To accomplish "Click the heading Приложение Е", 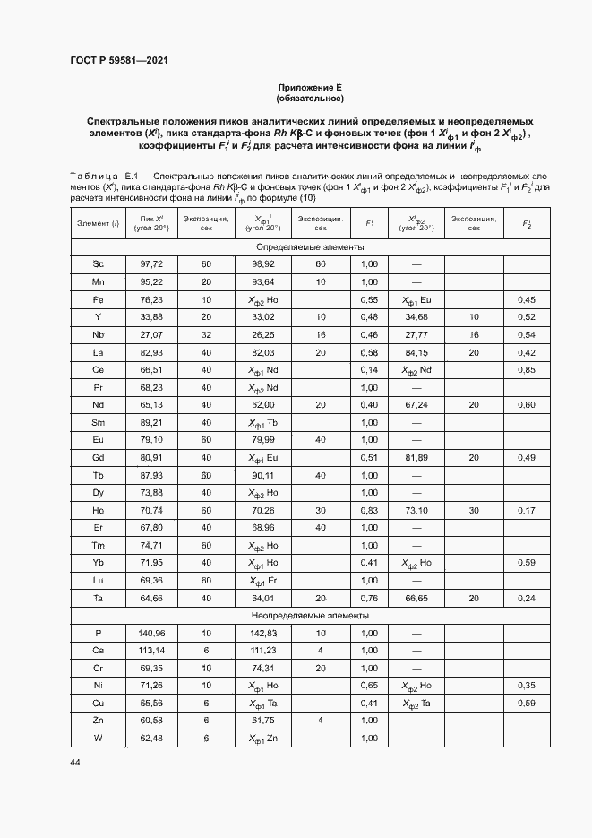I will (x=310, y=87).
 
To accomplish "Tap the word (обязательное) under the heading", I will (x=310, y=98).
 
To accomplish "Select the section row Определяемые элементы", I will (x=310, y=246).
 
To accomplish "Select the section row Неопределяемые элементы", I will (x=310, y=616).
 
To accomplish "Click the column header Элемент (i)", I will (x=98, y=222).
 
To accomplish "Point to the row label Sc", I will (x=98, y=264).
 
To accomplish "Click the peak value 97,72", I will (x=151, y=264).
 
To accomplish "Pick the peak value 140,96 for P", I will (x=151, y=633).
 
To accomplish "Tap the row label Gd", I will (x=98, y=458).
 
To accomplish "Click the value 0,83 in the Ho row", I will (x=368, y=510).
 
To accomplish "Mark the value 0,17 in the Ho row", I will (x=527, y=510).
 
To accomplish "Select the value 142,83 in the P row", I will (x=262, y=633).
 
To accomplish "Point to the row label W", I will (x=98, y=739).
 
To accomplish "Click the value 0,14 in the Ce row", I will (x=368, y=370).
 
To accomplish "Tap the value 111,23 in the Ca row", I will (x=262, y=651).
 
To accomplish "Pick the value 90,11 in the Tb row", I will (x=262, y=475).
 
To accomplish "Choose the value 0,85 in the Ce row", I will (x=527, y=370).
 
